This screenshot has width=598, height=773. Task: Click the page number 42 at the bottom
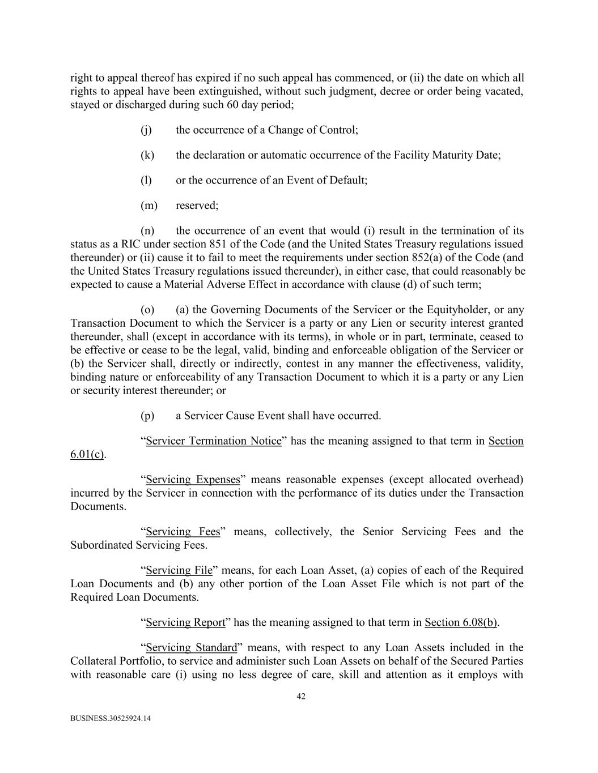point(301,697)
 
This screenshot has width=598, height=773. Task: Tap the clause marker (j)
point(146,130)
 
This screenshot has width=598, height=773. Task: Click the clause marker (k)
point(147,155)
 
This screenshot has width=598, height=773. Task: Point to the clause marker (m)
point(149,206)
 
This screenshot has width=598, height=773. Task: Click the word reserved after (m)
point(196,206)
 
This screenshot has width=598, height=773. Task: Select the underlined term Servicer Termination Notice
point(213,441)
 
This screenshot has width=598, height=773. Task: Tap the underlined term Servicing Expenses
point(193,480)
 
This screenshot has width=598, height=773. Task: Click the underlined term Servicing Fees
point(183,532)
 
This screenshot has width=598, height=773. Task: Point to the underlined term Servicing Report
point(185,622)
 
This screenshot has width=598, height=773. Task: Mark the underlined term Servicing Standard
point(191,647)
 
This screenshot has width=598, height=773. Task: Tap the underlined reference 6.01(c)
point(87,455)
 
